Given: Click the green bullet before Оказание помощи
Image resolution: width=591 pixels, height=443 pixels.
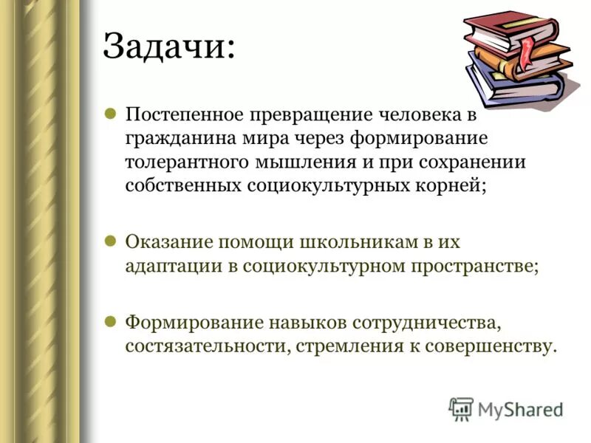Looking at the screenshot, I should [x=109, y=241].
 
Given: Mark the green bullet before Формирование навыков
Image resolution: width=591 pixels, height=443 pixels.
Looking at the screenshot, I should [x=109, y=321].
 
